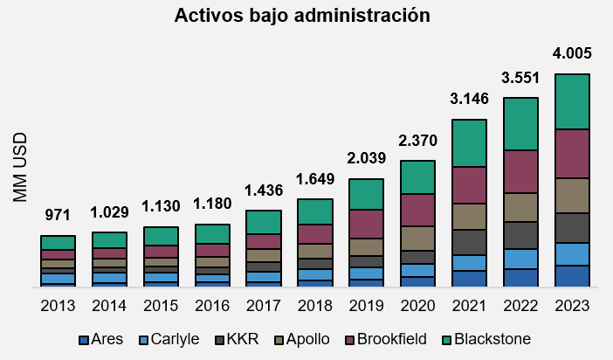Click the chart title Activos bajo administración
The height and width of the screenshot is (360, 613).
(x=302, y=16)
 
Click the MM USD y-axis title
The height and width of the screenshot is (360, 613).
(x=21, y=168)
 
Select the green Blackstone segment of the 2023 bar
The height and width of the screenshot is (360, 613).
(x=573, y=101)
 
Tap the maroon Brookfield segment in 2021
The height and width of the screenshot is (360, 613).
(x=469, y=184)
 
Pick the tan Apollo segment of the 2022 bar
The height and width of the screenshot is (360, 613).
(x=521, y=207)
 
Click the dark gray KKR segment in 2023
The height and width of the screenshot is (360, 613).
(x=573, y=228)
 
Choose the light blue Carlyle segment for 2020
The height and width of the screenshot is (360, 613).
(x=417, y=270)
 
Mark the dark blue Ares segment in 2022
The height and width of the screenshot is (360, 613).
(x=521, y=277)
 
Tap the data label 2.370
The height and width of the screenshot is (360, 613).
(x=417, y=141)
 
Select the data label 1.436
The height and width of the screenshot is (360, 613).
(x=263, y=190)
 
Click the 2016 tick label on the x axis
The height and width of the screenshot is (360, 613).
(x=211, y=307)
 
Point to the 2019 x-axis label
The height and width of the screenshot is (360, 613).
(x=366, y=307)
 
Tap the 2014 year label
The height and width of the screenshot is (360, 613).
(x=109, y=307)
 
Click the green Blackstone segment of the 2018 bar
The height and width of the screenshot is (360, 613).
(x=314, y=211)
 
